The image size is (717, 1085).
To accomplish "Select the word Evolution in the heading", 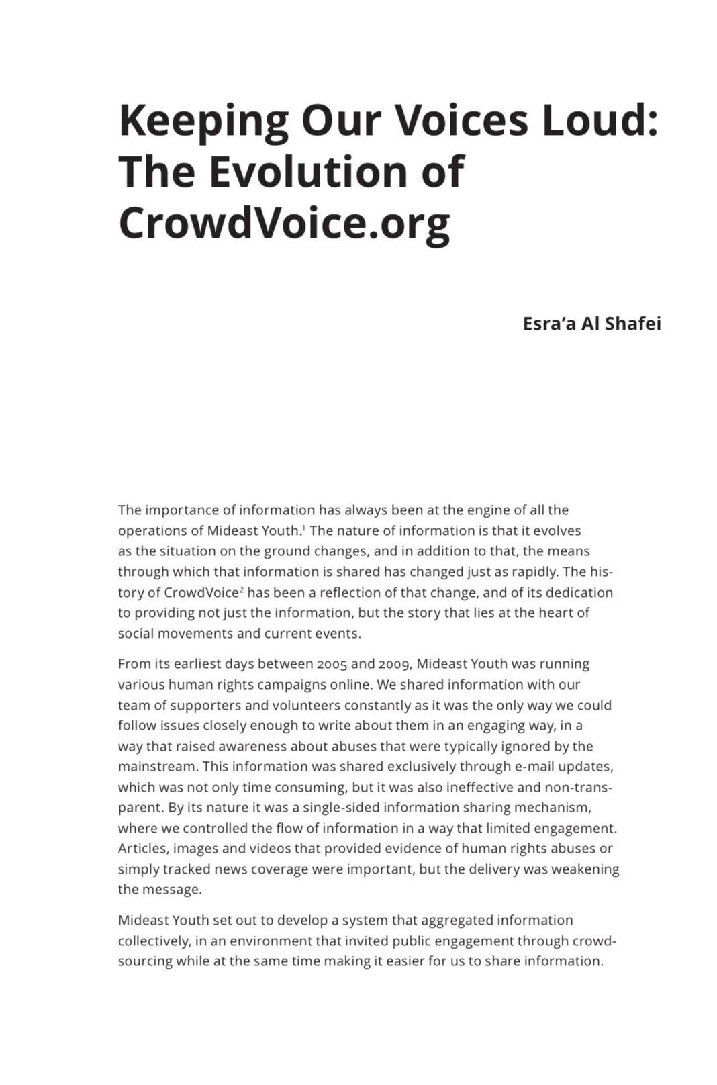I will (309, 171).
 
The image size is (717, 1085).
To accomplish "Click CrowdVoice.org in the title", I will (284, 223).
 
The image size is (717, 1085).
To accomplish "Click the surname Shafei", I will (633, 324).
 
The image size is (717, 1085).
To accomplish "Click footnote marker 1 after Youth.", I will (303, 528).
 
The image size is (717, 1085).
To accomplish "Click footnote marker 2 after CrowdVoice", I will (242, 589).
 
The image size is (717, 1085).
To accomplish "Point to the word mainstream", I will (157, 767).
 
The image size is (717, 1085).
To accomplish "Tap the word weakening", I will (585, 869).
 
